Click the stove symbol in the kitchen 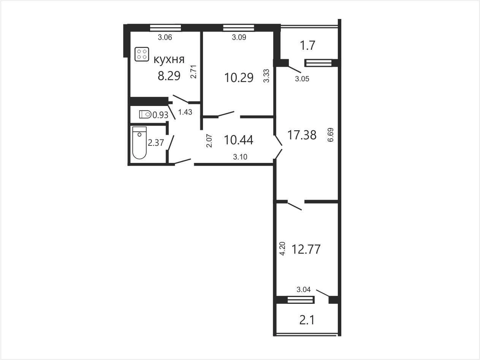click(x=142, y=54)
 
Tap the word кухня click(x=169, y=59)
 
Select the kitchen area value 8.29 click(x=169, y=76)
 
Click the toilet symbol click(x=146, y=114)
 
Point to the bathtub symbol click(x=139, y=143)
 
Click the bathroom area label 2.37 click(x=156, y=143)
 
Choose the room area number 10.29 click(x=239, y=78)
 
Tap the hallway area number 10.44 click(x=239, y=140)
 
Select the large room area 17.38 click(x=302, y=135)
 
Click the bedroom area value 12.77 click(x=306, y=249)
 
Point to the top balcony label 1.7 click(x=308, y=46)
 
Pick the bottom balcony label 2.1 click(x=307, y=321)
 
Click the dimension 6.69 click(x=330, y=135)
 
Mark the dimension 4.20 click(x=282, y=248)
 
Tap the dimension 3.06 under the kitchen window click(x=165, y=37)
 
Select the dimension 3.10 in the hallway click(x=240, y=157)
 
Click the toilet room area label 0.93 click(x=160, y=115)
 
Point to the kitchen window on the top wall click(x=166, y=28)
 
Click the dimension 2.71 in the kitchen click(x=193, y=72)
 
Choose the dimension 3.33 click(x=266, y=76)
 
